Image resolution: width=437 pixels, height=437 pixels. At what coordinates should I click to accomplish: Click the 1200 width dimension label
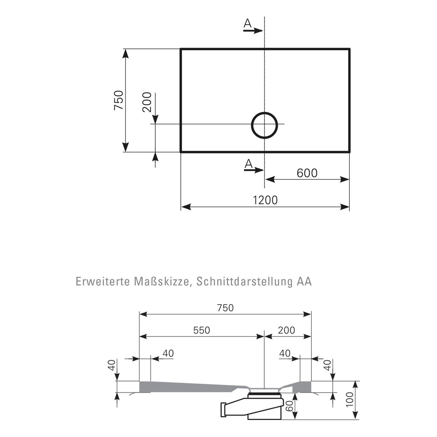tap(265, 200)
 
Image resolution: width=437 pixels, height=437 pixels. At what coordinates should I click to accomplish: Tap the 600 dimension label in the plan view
tap(307, 173)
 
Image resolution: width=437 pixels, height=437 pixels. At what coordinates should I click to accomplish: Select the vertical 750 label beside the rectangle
tap(119, 100)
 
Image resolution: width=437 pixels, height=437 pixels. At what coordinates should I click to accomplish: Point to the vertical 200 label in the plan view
tap(147, 102)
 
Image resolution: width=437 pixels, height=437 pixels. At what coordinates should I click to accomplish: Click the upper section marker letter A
tap(247, 23)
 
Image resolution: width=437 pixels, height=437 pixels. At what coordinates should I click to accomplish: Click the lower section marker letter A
tap(248, 164)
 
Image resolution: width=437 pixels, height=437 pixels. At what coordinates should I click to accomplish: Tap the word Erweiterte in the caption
tap(102, 282)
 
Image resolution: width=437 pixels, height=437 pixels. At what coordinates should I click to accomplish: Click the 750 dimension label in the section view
tap(225, 308)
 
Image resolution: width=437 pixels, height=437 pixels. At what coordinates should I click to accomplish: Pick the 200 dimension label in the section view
tap(286, 330)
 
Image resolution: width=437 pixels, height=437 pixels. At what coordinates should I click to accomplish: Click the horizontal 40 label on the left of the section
tap(168, 353)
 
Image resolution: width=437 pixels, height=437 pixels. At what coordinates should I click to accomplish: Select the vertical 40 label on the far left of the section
tap(112, 365)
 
